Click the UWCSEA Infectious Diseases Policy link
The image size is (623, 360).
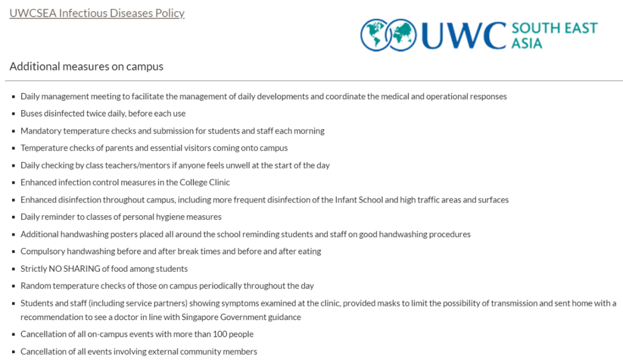97,13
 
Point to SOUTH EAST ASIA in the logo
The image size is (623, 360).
554,35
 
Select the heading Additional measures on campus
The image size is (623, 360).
87,66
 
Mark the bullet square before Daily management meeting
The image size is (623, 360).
13,97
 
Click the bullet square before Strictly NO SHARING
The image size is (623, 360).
13,269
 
